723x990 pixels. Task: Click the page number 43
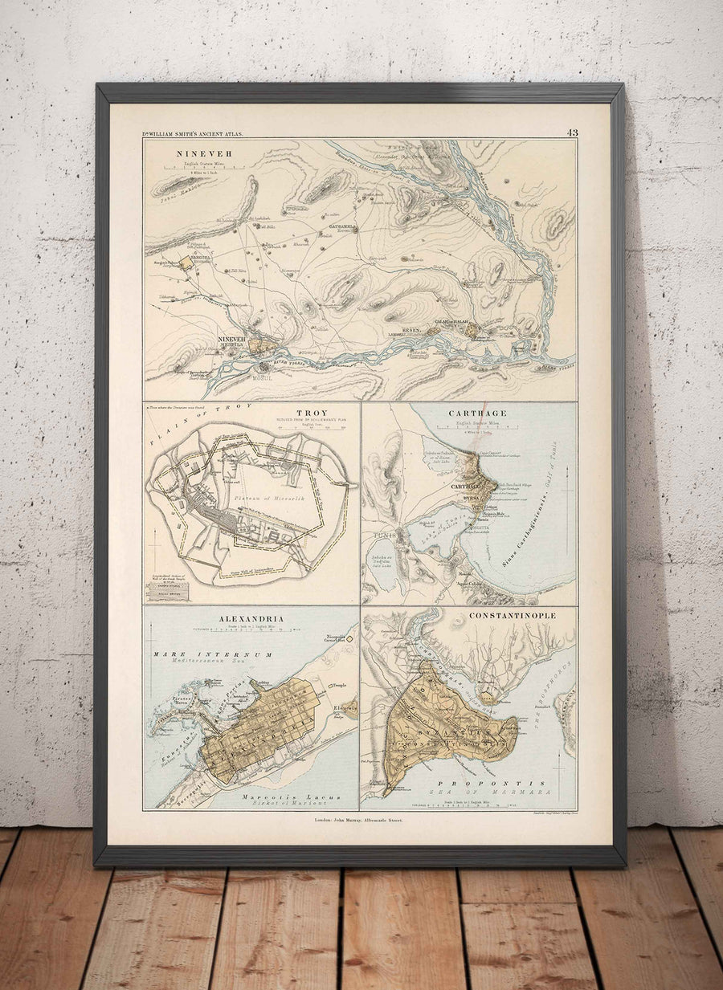click(572, 132)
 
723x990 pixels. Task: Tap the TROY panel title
click(305, 413)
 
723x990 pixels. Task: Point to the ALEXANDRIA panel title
click(251, 618)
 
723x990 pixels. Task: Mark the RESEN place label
click(411, 330)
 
